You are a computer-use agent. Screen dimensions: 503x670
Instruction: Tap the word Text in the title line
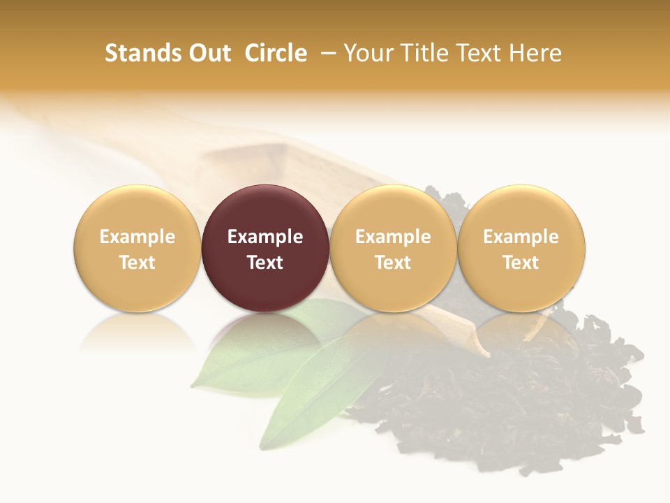click(x=481, y=53)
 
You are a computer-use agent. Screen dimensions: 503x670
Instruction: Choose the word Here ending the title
click(x=535, y=53)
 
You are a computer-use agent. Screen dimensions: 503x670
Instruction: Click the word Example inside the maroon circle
click(x=265, y=237)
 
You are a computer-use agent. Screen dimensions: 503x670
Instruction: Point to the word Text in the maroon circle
click(x=265, y=263)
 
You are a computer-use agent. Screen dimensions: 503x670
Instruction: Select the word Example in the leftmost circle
click(x=137, y=237)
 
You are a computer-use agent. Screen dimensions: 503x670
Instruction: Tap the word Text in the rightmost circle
click(x=521, y=263)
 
